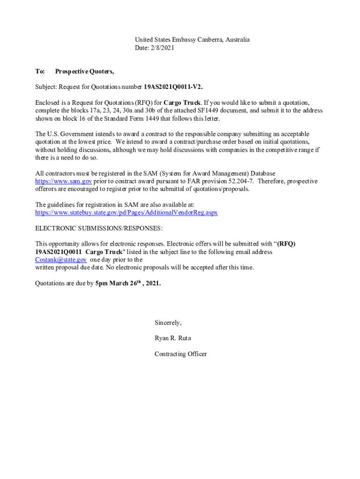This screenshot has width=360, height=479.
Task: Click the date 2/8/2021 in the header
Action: (162, 48)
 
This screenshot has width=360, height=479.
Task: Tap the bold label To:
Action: (40, 72)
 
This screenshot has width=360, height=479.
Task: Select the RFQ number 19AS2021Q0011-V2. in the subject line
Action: (173, 87)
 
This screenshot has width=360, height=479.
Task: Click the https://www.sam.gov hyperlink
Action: (64, 181)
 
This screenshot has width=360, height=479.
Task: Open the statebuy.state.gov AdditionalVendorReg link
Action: (126, 213)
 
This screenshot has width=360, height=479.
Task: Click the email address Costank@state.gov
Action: (61, 260)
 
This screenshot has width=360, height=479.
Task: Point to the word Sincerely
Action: (168, 323)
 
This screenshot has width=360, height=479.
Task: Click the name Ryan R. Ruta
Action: (173, 338)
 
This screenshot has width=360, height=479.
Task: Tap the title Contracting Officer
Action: (180, 354)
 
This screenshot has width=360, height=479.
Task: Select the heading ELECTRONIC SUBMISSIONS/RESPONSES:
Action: (99, 228)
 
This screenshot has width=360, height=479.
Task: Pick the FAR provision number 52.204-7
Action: (239, 181)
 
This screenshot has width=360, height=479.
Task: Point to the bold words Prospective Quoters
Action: (84, 72)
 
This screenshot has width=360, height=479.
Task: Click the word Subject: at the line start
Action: (47, 87)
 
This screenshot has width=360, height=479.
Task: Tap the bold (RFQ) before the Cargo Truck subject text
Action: (286, 244)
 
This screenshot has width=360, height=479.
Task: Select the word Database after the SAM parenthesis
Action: (262, 174)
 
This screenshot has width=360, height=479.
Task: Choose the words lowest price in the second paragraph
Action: (95, 142)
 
